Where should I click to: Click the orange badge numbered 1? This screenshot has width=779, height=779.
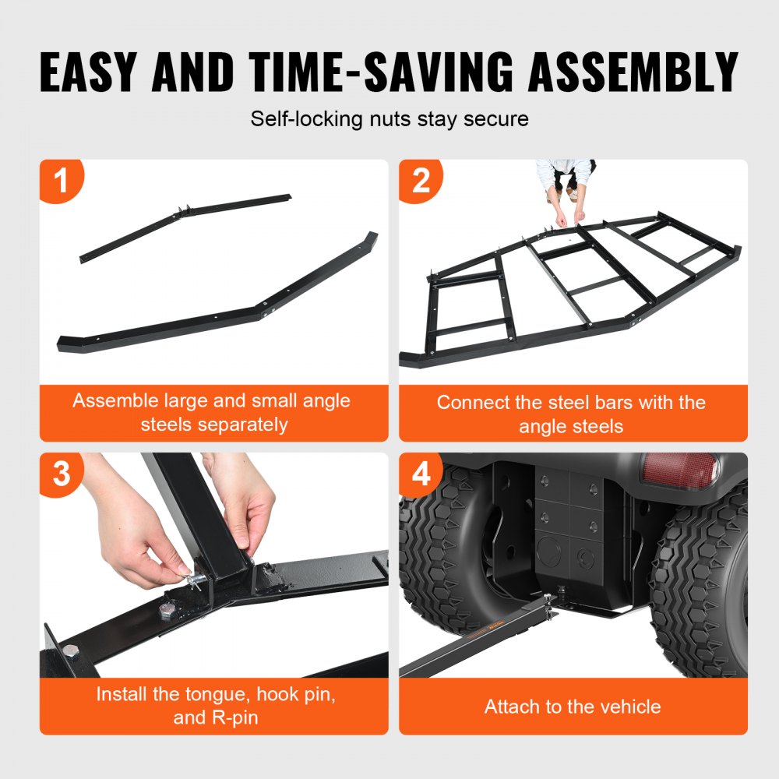[x=61, y=182]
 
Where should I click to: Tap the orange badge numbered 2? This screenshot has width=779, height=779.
[x=421, y=182]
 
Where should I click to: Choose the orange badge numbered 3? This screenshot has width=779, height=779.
[x=61, y=474]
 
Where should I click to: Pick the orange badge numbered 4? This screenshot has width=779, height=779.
[x=421, y=474]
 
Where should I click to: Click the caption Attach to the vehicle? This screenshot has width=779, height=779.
[x=573, y=707]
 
